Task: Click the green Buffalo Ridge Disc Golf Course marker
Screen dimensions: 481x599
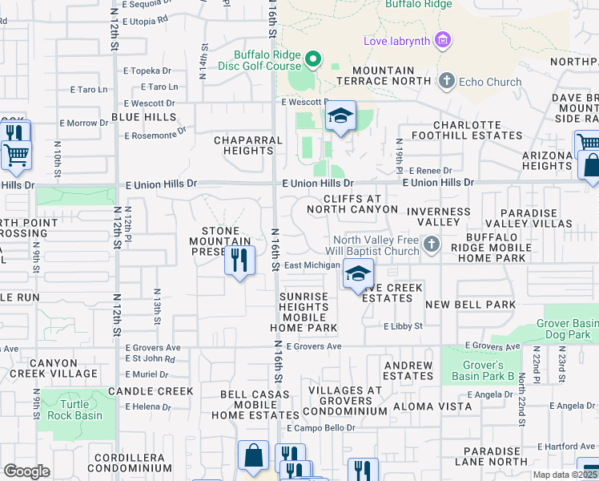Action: [x=313, y=59]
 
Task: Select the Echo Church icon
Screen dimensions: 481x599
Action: [x=446, y=81]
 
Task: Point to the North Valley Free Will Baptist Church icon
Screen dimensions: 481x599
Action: [x=431, y=244]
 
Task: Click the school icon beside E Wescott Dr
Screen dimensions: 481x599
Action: [x=340, y=117]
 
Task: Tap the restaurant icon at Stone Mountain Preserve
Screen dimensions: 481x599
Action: [x=239, y=261]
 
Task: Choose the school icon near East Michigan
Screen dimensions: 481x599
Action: [x=358, y=275]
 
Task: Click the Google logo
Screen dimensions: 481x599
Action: [x=26, y=471]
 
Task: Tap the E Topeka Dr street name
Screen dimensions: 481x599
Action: [x=147, y=71]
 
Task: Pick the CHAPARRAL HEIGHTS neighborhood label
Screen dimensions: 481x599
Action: [x=248, y=145]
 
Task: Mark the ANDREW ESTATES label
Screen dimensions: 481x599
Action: [x=408, y=370]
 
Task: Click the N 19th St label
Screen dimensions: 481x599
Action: [x=399, y=158]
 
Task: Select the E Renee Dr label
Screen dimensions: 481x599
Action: [x=430, y=171]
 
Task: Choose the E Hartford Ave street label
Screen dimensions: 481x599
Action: [x=567, y=446]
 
